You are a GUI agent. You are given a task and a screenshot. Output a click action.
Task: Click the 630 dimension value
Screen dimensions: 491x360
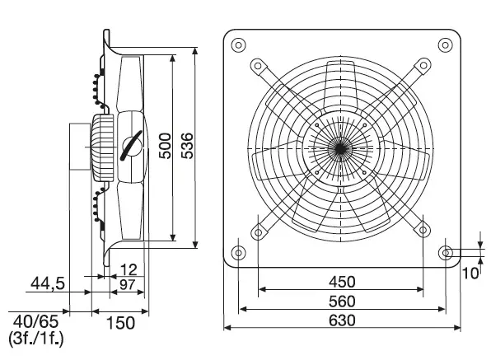(x=342, y=320)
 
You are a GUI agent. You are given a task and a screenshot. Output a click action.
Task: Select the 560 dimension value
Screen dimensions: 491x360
(x=342, y=302)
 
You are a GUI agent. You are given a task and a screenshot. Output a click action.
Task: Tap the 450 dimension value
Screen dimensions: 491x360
(x=342, y=282)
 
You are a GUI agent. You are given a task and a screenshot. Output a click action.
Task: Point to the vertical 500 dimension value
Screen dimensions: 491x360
(x=165, y=146)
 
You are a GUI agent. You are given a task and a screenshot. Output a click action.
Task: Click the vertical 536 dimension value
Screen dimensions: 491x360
(x=187, y=146)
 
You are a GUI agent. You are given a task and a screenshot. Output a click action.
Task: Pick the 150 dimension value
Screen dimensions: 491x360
(x=120, y=323)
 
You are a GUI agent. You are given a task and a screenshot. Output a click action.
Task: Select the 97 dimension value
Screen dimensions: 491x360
(x=127, y=284)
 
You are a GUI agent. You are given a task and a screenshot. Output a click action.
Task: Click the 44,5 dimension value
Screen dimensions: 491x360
(x=48, y=283)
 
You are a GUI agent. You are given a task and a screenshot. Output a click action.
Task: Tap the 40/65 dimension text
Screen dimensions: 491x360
(x=35, y=321)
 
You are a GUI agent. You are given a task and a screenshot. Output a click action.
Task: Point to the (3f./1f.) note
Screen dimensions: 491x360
(x=35, y=339)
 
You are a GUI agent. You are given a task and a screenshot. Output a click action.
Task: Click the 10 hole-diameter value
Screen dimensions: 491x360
(x=470, y=274)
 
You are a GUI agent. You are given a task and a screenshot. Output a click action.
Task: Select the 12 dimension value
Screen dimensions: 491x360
(x=129, y=269)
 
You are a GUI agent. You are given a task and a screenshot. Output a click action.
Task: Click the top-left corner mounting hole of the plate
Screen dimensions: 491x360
(x=238, y=45)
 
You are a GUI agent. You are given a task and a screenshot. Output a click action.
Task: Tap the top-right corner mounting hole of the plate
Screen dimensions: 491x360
(x=445, y=45)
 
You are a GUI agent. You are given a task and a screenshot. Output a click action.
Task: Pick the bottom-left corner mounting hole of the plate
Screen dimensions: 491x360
(x=238, y=253)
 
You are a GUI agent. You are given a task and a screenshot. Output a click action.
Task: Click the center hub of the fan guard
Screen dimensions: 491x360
(x=340, y=148)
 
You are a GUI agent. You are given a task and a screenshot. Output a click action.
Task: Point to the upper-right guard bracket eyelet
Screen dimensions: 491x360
(x=423, y=65)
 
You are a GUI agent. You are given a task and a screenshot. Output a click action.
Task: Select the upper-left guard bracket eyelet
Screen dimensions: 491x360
(x=258, y=66)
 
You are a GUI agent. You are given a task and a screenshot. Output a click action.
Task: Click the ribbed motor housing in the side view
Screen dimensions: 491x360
(x=102, y=147)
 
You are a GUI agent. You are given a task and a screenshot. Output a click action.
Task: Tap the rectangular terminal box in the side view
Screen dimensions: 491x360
(x=80, y=147)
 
